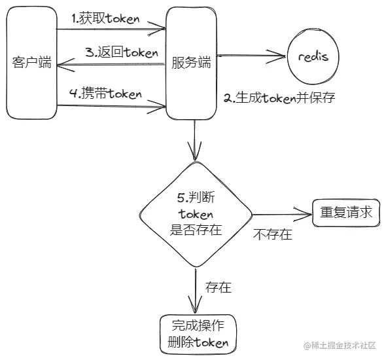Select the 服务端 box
tap(191, 63)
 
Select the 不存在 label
tap(272, 234)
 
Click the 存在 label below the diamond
tap(218, 287)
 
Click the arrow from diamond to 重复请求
tap(281, 213)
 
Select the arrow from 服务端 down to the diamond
tap(195, 141)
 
